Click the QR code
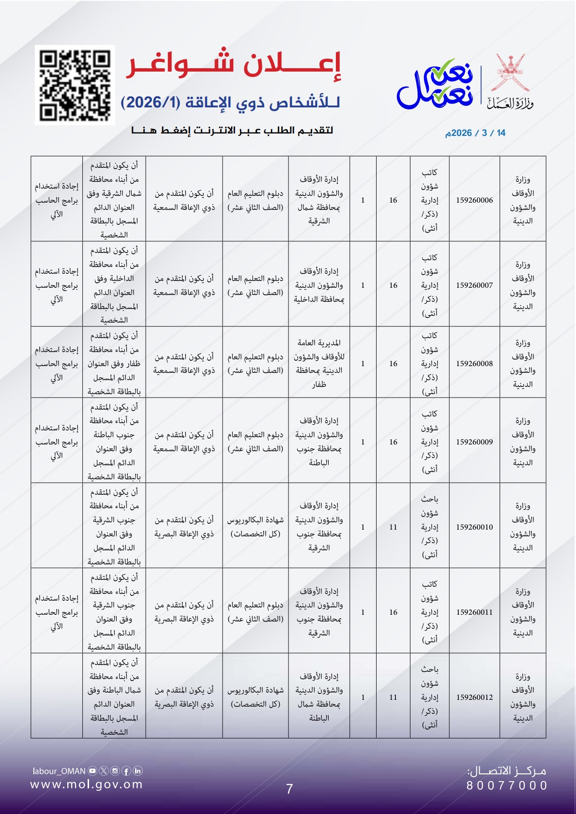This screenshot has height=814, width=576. click(x=75, y=85)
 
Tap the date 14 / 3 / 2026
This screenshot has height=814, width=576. click(x=475, y=133)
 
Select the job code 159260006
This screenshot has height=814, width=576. click(x=474, y=200)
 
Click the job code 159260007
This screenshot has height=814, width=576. click(x=474, y=285)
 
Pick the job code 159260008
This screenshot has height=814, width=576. click(x=474, y=364)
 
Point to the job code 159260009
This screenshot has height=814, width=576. click(x=474, y=442)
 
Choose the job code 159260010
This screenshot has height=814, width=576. click(x=474, y=527)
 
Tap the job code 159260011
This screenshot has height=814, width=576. click(x=474, y=612)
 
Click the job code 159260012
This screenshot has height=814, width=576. click(x=474, y=697)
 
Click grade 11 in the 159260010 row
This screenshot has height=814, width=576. click(x=393, y=527)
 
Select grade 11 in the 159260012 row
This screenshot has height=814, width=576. click(x=393, y=697)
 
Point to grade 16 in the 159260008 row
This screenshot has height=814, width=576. click(x=393, y=364)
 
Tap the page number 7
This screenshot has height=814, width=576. click(x=289, y=789)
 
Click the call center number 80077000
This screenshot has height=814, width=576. click(x=507, y=785)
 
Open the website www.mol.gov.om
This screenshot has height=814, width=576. click(x=87, y=784)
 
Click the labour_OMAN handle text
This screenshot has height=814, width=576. click(x=59, y=771)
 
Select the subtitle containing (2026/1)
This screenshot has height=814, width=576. click(x=230, y=103)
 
